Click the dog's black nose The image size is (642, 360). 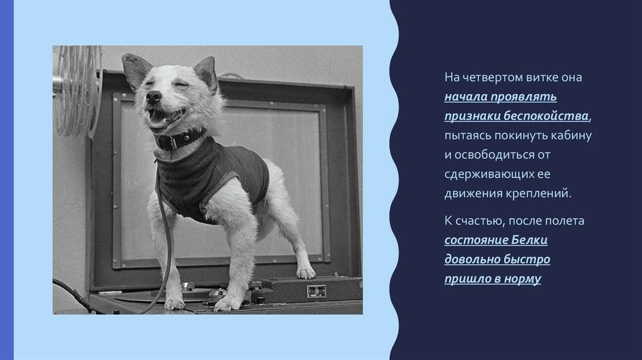click(x=154, y=97)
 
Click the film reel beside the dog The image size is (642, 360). click(x=77, y=92)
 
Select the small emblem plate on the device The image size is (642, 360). click(x=317, y=292)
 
